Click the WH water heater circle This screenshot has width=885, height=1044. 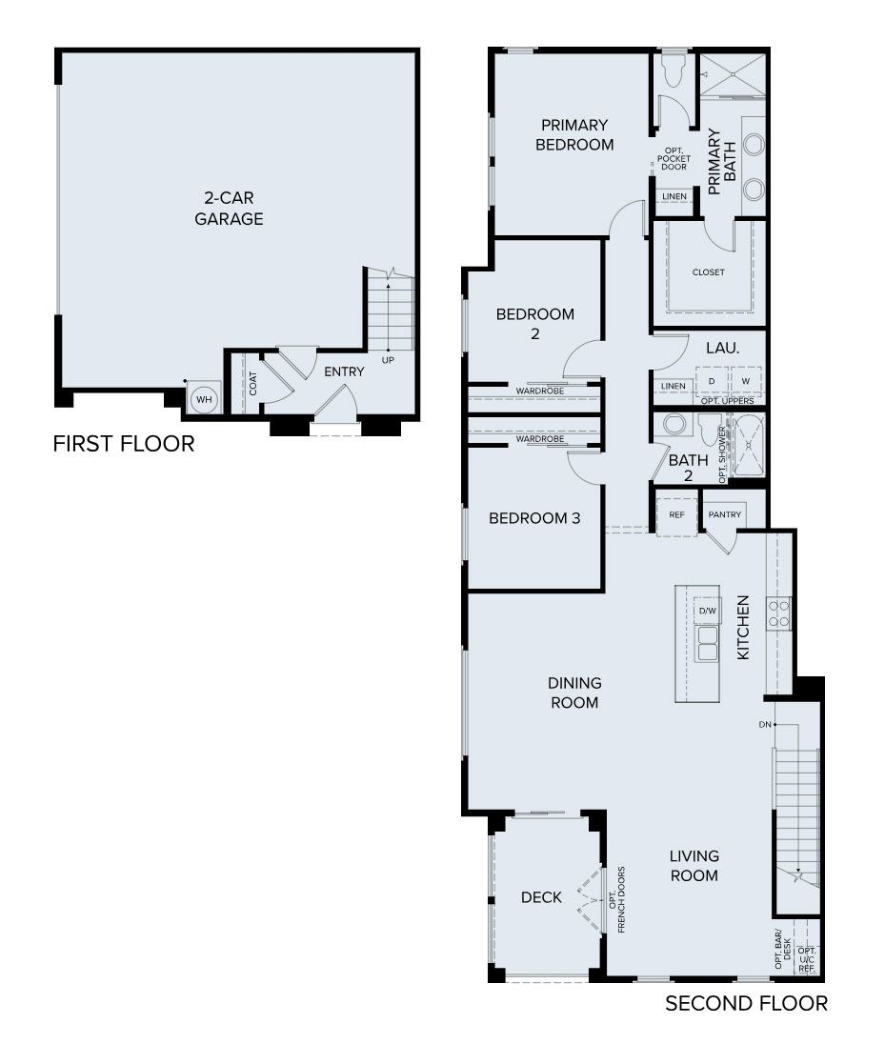[203, 400]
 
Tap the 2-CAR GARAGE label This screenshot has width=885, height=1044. [229, 209]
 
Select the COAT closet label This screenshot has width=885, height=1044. [253, 383]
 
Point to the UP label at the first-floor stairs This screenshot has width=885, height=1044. [388, 360]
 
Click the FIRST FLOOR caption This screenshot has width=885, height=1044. [124, 444]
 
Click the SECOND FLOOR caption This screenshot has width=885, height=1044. [746, 1003]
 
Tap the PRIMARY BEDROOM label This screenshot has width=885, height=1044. [574, 135]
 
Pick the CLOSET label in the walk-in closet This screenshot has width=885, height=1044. [709, 272]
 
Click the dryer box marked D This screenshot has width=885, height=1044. [711, 381]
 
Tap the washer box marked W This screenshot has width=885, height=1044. [746, 381]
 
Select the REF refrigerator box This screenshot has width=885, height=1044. [677, 515]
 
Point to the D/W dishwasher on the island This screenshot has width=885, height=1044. [707, 611]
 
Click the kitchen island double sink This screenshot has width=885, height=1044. [707, 644]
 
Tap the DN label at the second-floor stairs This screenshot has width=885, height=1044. [764, 725]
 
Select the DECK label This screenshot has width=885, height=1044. [541, 897]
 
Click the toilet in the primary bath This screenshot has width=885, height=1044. [674, 70]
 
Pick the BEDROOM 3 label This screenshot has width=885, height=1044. [534, 518]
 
